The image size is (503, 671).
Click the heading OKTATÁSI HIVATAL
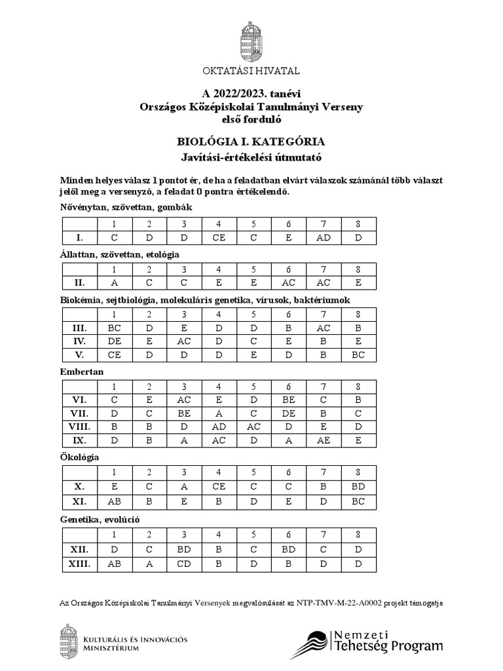[251, 71]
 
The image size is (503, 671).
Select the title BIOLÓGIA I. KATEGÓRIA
[251, 142]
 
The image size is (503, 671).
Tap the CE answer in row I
[219, 238]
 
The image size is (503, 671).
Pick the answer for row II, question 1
[115, 283]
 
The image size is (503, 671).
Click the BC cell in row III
[115, 328]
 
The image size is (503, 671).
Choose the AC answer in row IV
[184, 341]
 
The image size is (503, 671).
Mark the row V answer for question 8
[358, 355]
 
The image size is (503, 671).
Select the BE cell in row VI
[288, 399]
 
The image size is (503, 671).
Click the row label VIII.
[78, 427]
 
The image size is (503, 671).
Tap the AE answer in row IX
[323, 440]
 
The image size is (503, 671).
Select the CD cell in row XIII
[184, 563]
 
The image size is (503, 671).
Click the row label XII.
[78, 549]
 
